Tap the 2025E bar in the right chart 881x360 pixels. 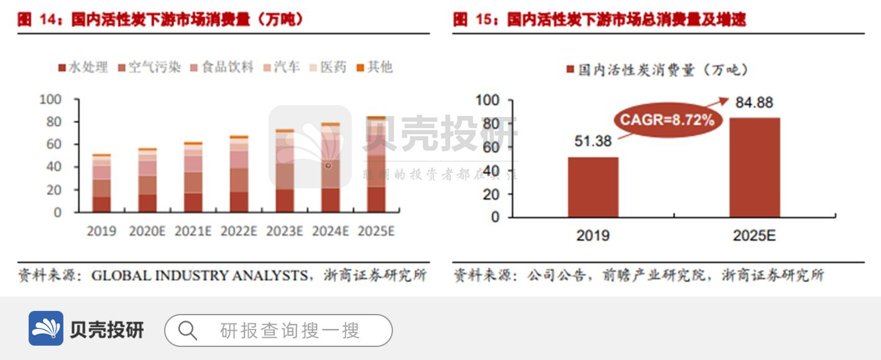pyautogui.click(x=754, y=167)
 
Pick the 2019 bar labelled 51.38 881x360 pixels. pyautogui.click(x=593, y=187)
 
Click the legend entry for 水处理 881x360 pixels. pyautogui.click(x=83, y=67)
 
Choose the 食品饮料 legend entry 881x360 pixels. pyautogui.click(x=222, y=67)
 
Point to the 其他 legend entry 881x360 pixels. pyautogui.click(x=374, y=67)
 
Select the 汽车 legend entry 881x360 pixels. pyautogui.click(x=282, y=67)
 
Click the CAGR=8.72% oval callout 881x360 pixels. pyautogui.click(x=665, y=120)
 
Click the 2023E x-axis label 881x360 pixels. pyautogui.click(x=285, y=231)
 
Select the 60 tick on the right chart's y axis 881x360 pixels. pyautogui.click(x=488, y=147)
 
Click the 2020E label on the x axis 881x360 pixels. pyautogui.click(x=147, y=231)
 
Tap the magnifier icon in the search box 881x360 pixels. pyautogui.click(x=187, y=330)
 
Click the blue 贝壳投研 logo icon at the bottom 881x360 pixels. pyautogui.click(x=46, y=328)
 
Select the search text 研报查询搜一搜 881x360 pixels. pyautogui.click(x=290, y=330)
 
